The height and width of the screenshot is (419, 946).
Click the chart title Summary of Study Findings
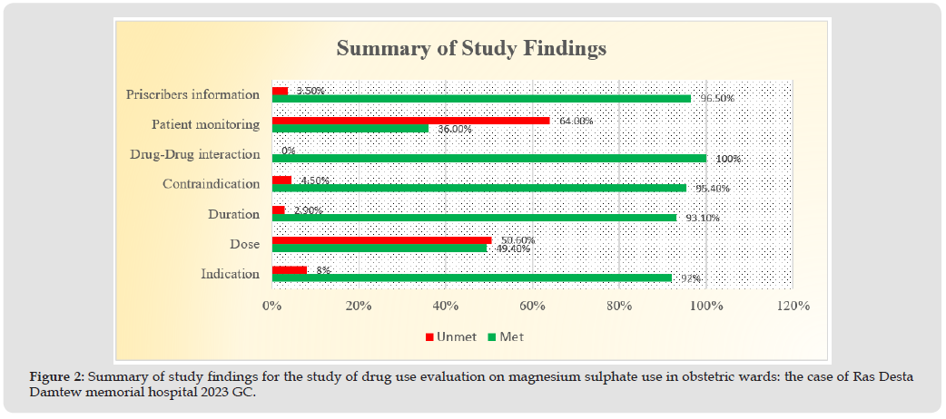click(470, 48)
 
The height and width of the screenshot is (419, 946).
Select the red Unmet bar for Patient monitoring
click(410, 120)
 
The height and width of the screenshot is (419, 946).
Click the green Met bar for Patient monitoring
click(350, 128)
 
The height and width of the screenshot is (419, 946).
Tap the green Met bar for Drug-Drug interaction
click(488, 158)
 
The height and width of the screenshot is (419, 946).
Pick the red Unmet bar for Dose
click(381, 240)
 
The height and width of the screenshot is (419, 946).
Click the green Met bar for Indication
click(471, 278)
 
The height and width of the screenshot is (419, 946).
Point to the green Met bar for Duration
click(474, 218)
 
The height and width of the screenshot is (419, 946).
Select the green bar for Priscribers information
click(481, 98)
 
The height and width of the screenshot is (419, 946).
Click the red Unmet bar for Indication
click(289, 269)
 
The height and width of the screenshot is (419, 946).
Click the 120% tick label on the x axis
click(793, 307)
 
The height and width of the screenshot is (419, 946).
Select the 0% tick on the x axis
click(271, 307)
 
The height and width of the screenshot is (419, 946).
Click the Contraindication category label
click(211, 184)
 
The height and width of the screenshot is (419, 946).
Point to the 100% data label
click(727, 159)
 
